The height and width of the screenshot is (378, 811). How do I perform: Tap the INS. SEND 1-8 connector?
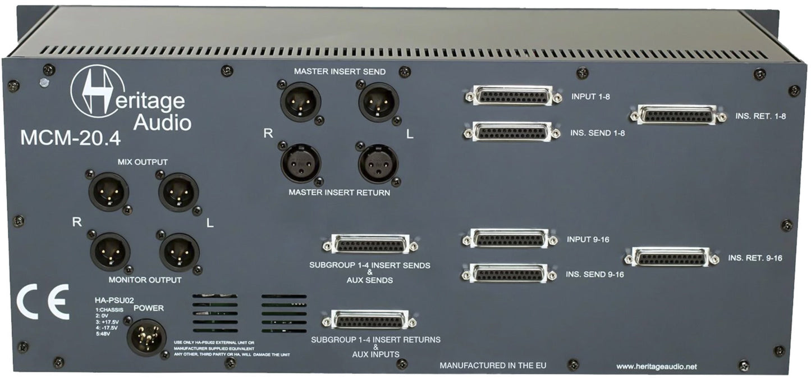(511, 132)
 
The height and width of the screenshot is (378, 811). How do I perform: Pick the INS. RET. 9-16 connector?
(671, 257)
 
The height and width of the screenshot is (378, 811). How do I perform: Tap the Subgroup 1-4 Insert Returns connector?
(369, 320)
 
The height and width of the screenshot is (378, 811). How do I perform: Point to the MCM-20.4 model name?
(70, 138)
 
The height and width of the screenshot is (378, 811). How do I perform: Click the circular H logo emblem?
(97, 92)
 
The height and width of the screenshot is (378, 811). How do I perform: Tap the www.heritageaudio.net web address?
(656, 366)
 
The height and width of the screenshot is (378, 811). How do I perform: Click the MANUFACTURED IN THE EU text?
(493, 366)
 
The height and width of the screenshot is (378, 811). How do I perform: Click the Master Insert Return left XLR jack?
(378, 163)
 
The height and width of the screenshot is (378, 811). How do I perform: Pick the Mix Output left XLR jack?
(178, 192)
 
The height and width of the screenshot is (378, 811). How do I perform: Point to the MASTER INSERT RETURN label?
(338, 193)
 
